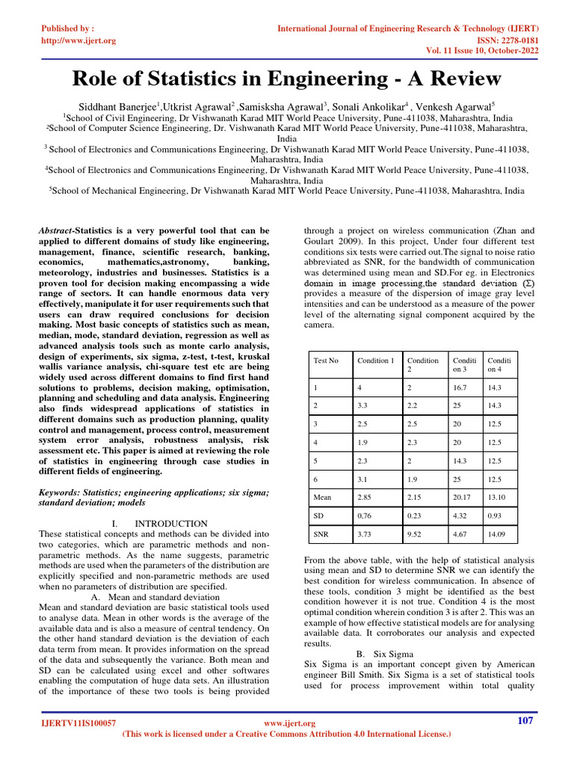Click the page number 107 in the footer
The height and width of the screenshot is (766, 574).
(525, 720)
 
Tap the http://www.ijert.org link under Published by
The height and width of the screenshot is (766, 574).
(78, 40)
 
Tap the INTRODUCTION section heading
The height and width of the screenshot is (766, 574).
(171, 524)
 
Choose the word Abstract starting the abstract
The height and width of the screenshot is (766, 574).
(56, 231)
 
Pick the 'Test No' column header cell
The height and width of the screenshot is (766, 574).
(326, 361)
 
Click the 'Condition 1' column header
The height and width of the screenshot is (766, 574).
(374, 361)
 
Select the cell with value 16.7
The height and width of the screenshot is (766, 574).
(456, 389)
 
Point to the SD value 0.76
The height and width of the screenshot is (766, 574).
(365, 515)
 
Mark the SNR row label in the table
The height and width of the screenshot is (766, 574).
(321, 534)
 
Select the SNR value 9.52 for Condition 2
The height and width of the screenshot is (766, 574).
(415, 534)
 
